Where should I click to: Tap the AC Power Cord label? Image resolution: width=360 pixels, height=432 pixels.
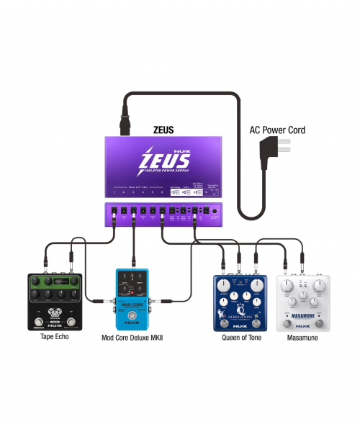(277, 130)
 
